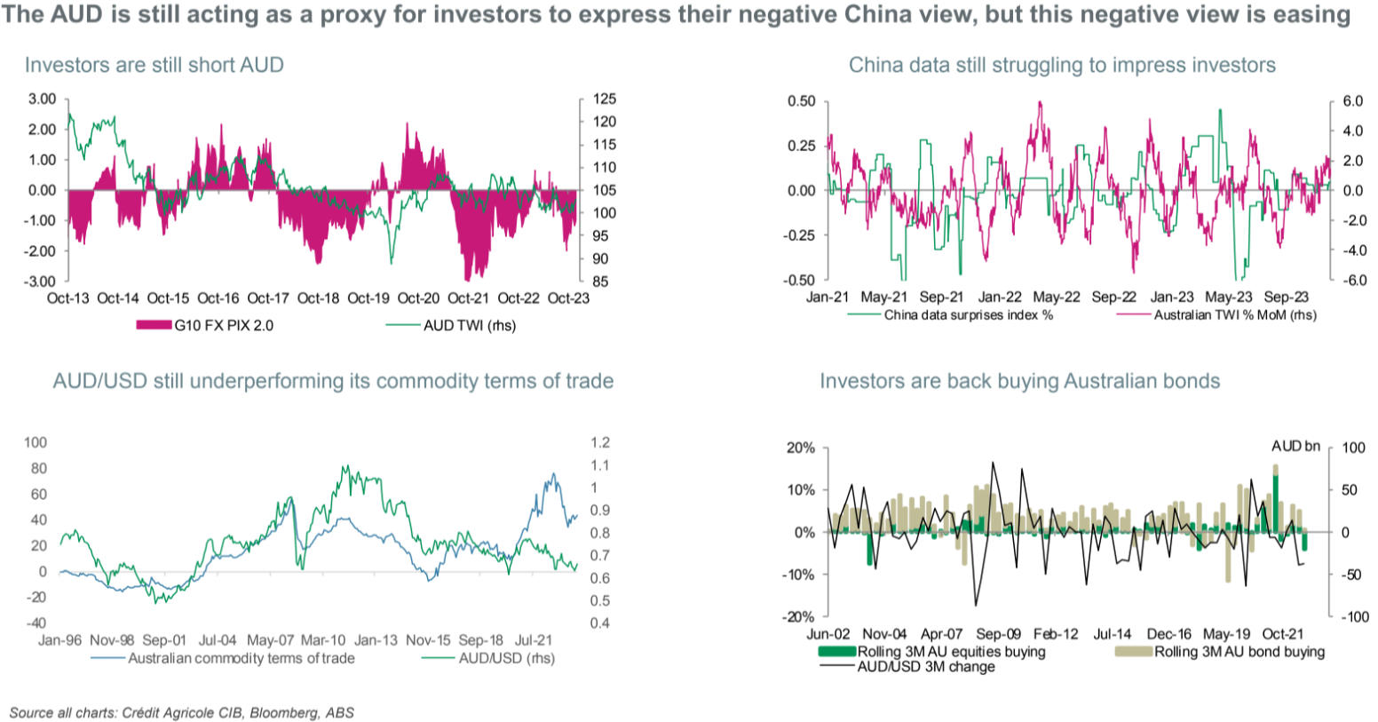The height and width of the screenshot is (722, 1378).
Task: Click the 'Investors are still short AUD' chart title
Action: [154, 65]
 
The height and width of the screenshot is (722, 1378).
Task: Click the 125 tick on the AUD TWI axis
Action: [592, 99]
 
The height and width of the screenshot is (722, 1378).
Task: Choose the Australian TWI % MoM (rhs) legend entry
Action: [1234, 315]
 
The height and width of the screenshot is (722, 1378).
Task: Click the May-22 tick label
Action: [1057, 298]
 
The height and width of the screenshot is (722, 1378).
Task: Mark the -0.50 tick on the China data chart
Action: [800, 281]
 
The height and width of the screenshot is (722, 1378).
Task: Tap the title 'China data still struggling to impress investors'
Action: [1062, 65]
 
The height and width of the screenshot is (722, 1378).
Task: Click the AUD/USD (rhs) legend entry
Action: [506, 658]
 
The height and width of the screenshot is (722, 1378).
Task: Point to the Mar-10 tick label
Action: [323, 639]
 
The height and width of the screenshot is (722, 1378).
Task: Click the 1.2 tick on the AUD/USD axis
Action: [599, 442]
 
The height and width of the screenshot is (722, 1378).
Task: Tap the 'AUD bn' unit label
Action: [1295, 446]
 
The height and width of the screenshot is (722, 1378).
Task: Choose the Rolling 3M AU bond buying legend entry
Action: [1239, 652]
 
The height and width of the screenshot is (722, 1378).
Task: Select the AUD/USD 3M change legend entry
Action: [926, 667]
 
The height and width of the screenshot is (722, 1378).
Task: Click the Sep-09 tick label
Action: [999, 634]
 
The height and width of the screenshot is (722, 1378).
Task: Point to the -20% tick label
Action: [800, 617]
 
